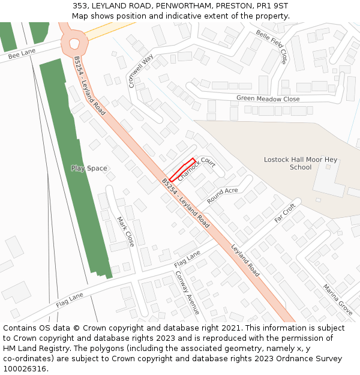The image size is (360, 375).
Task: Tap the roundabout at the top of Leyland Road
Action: coord(74,43)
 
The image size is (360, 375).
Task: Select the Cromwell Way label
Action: coord(141,71)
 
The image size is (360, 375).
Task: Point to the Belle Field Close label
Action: coord(271,47)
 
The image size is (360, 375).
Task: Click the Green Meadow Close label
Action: coord(268,98)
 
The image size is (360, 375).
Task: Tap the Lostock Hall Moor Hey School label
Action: coord(301,163)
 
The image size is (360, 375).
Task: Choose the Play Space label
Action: coord(89,168)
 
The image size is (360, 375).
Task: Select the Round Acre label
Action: coord(222,195)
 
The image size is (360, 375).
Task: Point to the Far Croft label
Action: coord(285,213)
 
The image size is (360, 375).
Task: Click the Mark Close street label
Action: coord(125,232)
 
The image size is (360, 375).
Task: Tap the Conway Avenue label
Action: coord(187,293)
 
